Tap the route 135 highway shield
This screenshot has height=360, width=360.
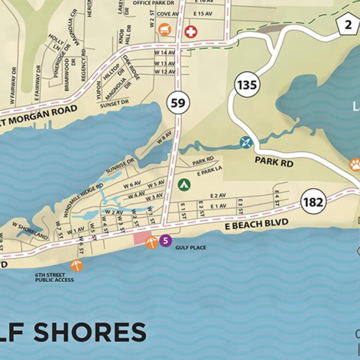coord(247,85)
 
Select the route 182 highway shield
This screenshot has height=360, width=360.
coord(313,202)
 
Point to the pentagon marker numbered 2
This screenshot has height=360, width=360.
coord(347,23)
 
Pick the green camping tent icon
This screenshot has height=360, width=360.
coord(184,184)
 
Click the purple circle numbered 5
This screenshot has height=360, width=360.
coord(166,240)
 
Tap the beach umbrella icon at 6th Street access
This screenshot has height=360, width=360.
coord(76,265)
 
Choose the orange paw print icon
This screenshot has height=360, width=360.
coord(355,164)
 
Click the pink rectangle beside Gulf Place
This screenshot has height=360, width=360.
coord(143,237)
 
